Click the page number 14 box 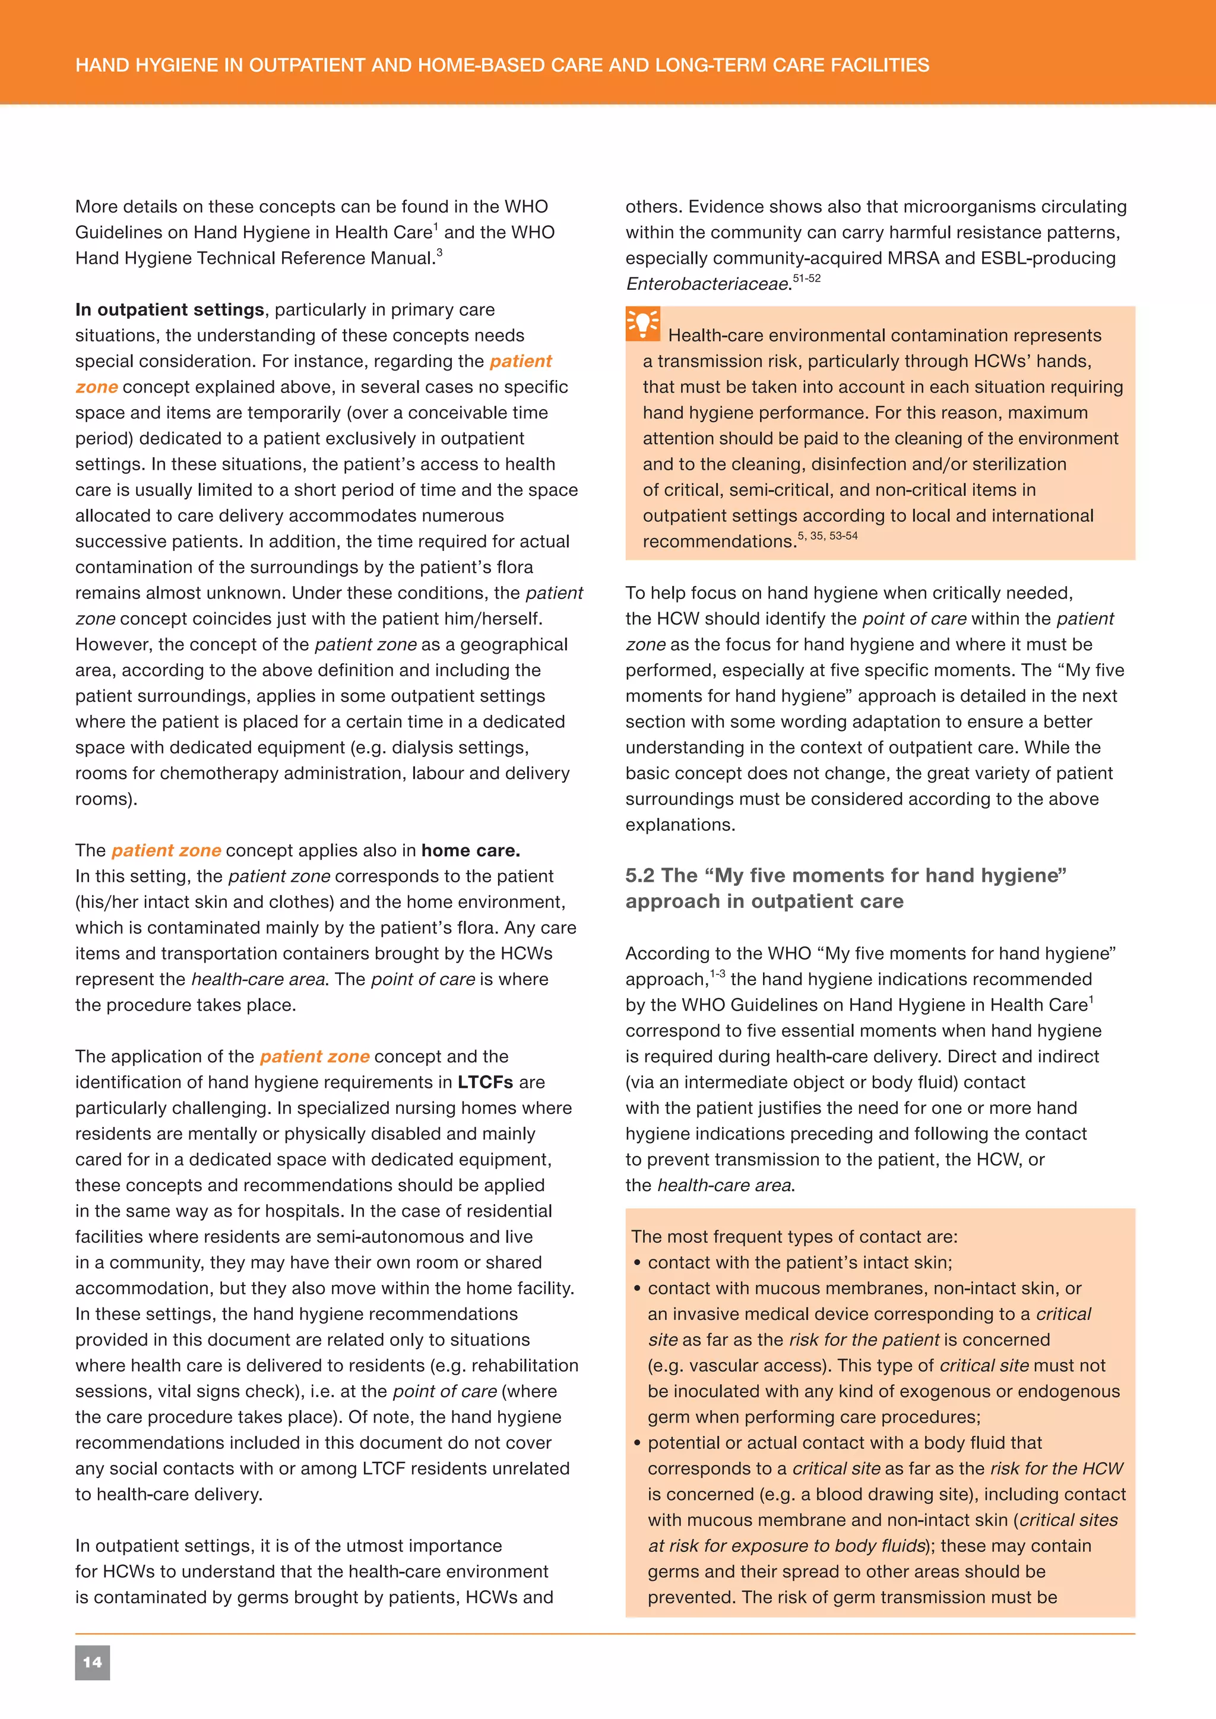(92, 1663)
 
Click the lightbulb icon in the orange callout (642, 324)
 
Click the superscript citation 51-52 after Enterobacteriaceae (806, 278)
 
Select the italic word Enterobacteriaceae (707, 284)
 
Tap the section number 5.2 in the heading (641, 875)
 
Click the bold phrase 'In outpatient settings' (169, 310)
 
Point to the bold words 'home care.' (470, 850)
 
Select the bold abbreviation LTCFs (485, 1082)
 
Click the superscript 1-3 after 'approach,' (717, 973)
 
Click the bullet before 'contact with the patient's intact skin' (637, 1263)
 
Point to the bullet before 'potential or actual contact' (637, 1443)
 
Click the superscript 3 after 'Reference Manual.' (439, 253)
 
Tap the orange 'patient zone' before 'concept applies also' (166, 850)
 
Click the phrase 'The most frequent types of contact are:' (794, 1237)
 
